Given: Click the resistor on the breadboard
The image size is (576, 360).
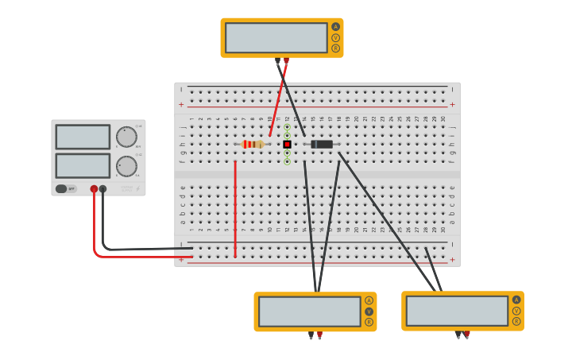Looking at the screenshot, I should (253, 144).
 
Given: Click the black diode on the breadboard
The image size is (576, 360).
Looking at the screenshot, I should (322, 144).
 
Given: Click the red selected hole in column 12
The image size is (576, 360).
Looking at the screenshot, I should (287, 144).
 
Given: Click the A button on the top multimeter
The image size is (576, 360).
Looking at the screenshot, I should (335, 26).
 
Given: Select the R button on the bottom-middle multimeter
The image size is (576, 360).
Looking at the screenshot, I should (369, 322).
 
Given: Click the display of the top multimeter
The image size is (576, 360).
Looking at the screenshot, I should (276, 37).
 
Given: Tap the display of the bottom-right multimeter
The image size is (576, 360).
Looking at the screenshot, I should (456, 311).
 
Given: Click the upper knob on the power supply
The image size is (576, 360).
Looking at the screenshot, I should (126, 137).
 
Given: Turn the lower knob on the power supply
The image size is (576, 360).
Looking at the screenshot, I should (126, 166).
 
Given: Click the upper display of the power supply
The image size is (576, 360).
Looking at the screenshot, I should (83, 137).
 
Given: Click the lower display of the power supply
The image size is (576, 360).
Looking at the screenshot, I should (83, 165).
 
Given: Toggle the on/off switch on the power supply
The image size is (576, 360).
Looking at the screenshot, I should (61, 188).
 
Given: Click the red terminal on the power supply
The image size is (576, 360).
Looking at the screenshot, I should (94, 189).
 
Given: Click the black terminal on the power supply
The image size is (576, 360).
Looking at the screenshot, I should (102, 189).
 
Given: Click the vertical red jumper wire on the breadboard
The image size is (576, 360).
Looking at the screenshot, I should (235, 208).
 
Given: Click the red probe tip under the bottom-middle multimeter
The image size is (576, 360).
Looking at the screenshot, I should (319, 335).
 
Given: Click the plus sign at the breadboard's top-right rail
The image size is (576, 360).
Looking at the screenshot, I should (452, 104).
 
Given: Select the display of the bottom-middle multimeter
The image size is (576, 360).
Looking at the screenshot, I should (309, 311).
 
